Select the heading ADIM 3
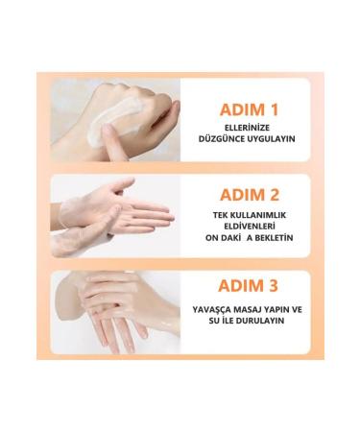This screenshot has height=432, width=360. pos(248,285)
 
